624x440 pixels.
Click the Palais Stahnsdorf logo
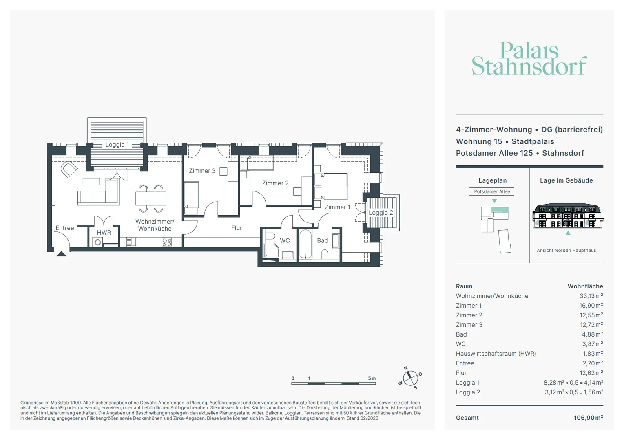click(x=529, y=58)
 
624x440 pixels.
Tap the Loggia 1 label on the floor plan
click(x=117, y=145)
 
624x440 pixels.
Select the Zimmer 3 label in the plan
click(x=202, y=171)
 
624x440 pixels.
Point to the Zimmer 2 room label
click(x=275, y=183)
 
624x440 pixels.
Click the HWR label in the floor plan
click(x=104, y=232)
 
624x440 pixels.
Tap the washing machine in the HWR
click(x=97, y=242)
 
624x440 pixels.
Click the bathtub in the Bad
click(x=305, y=244)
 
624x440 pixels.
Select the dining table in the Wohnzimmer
click(x=151, y=198)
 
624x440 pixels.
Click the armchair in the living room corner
click(x=69, y=169)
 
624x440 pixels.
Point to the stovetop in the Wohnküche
click(x=167, y=242)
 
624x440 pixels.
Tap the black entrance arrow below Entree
click(x=61, y=254)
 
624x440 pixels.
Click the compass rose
click(x=410, y=378)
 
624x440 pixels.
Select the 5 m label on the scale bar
click(x=372, y=378)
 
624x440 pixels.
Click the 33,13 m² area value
click(x=591, y=296)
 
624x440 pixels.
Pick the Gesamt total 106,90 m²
click(x=589, y=418)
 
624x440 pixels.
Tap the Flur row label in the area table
click(x=461, y=373)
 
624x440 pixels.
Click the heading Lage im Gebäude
click(x=566, y=180)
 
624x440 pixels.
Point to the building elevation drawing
click(x=568, y=216)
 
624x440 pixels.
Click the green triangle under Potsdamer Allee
click(x=494, y=201)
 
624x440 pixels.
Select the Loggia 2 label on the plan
click(x=381, y=213)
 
